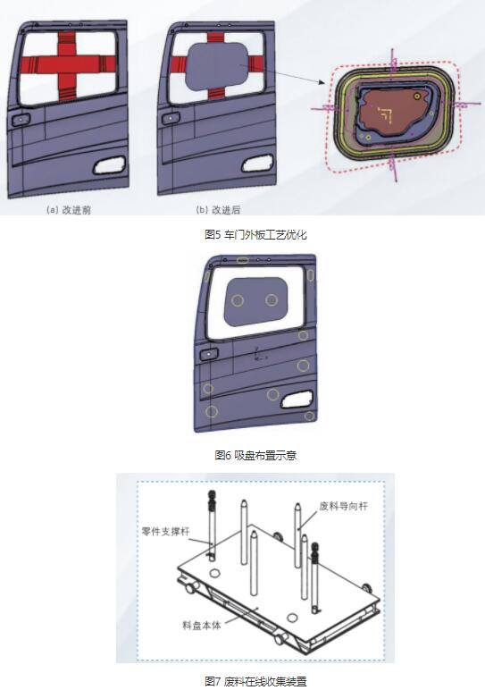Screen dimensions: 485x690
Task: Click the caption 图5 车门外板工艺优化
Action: pos(255,234)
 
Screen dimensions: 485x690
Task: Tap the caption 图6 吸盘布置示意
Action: pos(255,455)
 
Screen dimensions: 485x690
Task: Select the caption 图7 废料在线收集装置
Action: pos(255,682)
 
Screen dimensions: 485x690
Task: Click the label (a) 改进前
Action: pos(69,210)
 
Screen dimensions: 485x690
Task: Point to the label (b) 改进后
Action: pos(218,210)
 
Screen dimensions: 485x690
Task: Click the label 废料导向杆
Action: pos(343,506)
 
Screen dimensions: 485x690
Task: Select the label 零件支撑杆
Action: pos(166,531)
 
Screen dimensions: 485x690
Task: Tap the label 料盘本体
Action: pos(201,625)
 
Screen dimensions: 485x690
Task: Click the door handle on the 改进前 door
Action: pos(21,119)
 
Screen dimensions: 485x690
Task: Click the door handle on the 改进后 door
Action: pos(171,118)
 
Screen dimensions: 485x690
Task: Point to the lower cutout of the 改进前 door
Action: pos(110,165)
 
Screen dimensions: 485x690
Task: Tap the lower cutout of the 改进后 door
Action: pos(257,164)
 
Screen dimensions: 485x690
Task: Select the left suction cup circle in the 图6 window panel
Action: pos(238,300)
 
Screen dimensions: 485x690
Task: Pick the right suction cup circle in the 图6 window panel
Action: pos(272,300)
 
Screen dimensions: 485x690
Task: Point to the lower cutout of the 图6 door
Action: pos(297,400)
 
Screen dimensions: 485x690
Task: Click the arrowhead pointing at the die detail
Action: pos(323,83)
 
